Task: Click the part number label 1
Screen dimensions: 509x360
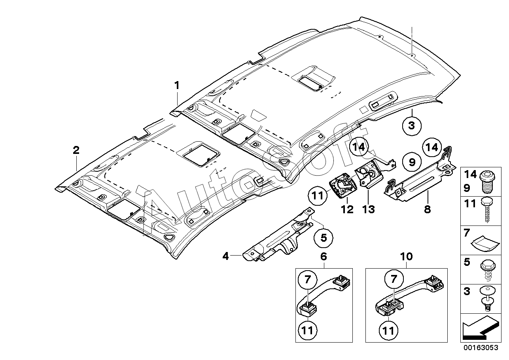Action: (177, 86)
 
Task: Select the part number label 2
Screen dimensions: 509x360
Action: (76, 150)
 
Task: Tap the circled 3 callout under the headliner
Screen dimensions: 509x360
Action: (412, 126)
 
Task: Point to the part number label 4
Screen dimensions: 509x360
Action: (225, 257)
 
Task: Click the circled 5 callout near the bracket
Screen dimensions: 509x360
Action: (324, 238)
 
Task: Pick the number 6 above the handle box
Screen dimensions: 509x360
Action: (324, 257)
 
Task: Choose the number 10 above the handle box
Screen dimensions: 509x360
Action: (406, 257)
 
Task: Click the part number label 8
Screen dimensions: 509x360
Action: (428, 209)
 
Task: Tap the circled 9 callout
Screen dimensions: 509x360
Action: (412, 162)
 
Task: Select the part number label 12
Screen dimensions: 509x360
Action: (347, 209)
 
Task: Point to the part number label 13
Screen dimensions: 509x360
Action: (368, 209)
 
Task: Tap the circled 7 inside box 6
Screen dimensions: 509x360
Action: (307, 279)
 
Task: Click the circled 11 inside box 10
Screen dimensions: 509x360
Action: (388, 330)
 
